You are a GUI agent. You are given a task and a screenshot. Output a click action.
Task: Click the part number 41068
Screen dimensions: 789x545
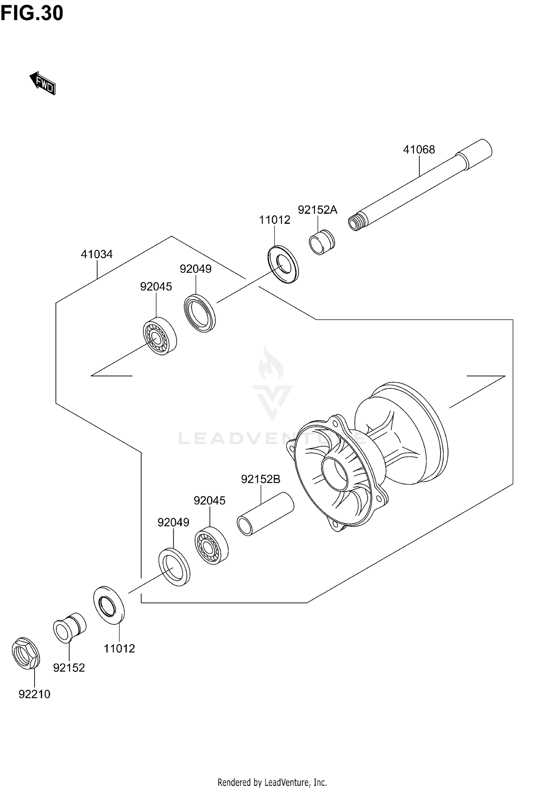419,150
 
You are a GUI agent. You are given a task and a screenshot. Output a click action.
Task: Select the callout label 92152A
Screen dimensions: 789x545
318,210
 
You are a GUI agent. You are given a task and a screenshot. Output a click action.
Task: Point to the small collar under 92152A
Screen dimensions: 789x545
322,242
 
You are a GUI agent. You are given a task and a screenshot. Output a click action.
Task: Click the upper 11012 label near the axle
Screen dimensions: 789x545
275,220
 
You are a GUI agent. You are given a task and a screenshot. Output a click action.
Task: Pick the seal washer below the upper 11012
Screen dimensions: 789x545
283,264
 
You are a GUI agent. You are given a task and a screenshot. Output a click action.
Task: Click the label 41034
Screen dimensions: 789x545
97,254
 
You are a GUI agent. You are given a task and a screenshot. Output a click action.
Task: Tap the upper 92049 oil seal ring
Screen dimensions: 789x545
199,313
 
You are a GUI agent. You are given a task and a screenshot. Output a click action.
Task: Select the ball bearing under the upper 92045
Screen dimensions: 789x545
159,336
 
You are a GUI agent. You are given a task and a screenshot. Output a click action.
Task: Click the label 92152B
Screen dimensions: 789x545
261,479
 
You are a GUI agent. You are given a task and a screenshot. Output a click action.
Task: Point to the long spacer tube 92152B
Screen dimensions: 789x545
265,514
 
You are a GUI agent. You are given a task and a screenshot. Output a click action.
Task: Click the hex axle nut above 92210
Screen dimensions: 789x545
26,652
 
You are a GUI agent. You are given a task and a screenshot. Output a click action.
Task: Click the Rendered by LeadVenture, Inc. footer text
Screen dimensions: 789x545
272,782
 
